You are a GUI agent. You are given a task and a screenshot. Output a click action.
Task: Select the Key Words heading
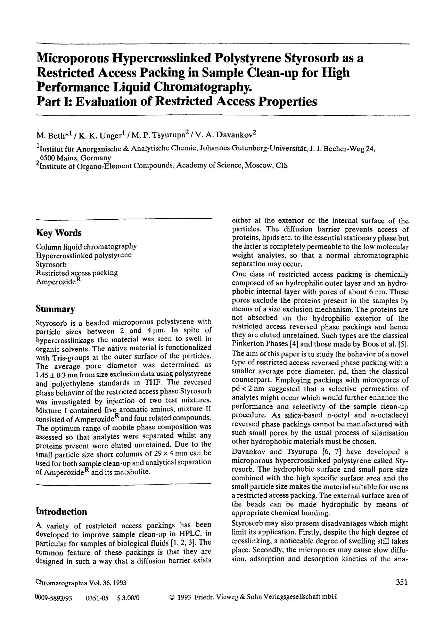[59, 233]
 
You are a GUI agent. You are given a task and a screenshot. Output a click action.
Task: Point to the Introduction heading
[61, 511]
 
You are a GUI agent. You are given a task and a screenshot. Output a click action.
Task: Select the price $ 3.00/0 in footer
[128, 598]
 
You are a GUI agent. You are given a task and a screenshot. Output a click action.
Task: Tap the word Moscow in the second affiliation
[259, 165]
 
